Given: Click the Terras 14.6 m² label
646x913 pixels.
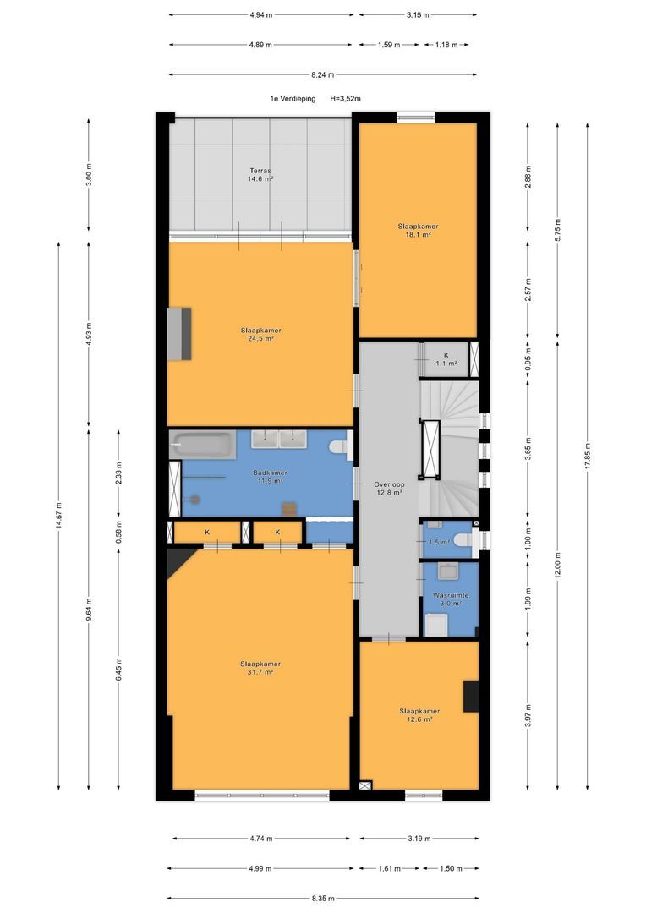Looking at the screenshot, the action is point(260,175).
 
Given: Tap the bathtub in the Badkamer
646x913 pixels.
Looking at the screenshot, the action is point(203,445).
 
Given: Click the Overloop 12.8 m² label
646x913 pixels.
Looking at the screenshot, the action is point(389,489).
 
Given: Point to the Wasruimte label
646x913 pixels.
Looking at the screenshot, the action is point(451,596).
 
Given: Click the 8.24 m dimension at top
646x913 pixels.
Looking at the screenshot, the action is point(323,74).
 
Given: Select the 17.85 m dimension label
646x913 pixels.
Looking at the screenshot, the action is point(587,456).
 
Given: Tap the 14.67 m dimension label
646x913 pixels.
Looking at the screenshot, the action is point(59,516).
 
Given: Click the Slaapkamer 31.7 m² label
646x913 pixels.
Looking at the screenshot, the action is point(260,668).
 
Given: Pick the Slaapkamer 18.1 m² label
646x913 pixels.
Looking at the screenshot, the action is point(419,231).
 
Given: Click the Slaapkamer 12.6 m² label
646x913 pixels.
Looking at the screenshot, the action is point(419,715).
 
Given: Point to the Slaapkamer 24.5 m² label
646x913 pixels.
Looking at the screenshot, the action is point(261,334).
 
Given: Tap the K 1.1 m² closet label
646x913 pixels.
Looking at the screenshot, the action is point(446,358).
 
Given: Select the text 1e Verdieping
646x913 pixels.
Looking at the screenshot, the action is point(293,99).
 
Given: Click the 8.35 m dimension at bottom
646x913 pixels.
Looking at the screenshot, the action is point(323,899).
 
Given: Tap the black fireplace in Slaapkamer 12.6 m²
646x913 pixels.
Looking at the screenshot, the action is point(471,696).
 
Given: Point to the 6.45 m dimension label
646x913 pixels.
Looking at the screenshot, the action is point(119,669).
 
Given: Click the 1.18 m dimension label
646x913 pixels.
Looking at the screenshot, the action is point(446,45).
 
